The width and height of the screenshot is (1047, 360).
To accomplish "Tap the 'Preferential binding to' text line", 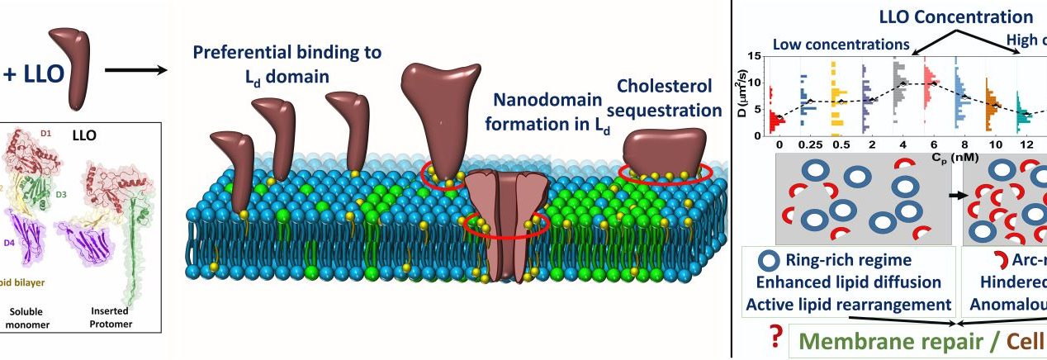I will tap(287, 53).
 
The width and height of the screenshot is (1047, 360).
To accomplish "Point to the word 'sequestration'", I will tap(670, 110).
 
